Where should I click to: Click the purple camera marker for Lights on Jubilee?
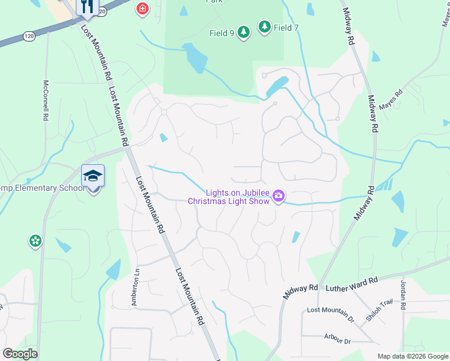(x=279, y=196)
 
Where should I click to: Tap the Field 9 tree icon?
(x=243, y=32)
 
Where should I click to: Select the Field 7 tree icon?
(x=264, y=26)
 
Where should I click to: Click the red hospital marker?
(x=142, y=9)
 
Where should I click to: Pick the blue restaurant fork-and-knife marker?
(x=87, y=6)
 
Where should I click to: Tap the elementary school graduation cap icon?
(x=93, y=176)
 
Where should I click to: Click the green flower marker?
(x=35, y=241)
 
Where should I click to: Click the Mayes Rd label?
(x=391, y=102)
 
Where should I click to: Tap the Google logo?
(x=20, y=354)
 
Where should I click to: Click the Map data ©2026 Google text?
(x=413, y=356)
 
